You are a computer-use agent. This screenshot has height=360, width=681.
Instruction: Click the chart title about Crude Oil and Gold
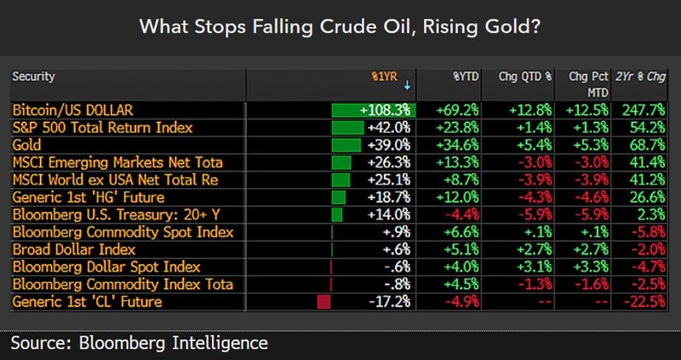coord(340,27)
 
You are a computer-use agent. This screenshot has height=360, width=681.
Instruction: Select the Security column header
coord(33,77)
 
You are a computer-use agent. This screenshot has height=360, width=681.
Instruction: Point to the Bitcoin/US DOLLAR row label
coord(73,111)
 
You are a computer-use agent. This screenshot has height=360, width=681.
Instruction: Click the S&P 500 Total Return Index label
coord(102,128)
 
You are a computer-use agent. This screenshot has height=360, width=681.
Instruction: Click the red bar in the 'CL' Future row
coord(323,301)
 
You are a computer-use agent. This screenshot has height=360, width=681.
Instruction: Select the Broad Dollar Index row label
coord(76,249)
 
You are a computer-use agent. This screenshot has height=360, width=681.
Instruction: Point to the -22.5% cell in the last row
coord(646,301)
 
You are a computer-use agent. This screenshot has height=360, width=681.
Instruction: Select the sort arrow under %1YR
coord(407,85)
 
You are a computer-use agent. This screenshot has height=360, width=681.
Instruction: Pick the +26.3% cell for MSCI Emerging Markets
coord(390,163)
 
